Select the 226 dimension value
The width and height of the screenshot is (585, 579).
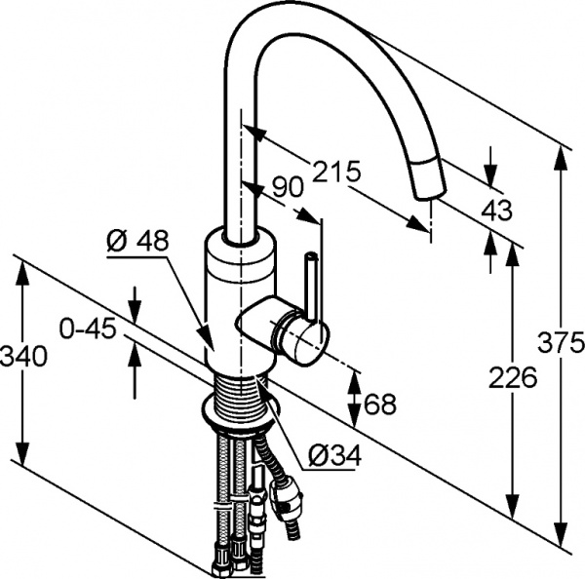pyautogui.click(x=513, y=376)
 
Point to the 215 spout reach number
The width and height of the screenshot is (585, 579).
pyautogui.click(x=336, y=173)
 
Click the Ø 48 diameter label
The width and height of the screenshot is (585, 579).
pyautogui.click(x=137, y=239)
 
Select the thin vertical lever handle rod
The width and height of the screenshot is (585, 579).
pyautogui.click(x=311, y=283)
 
